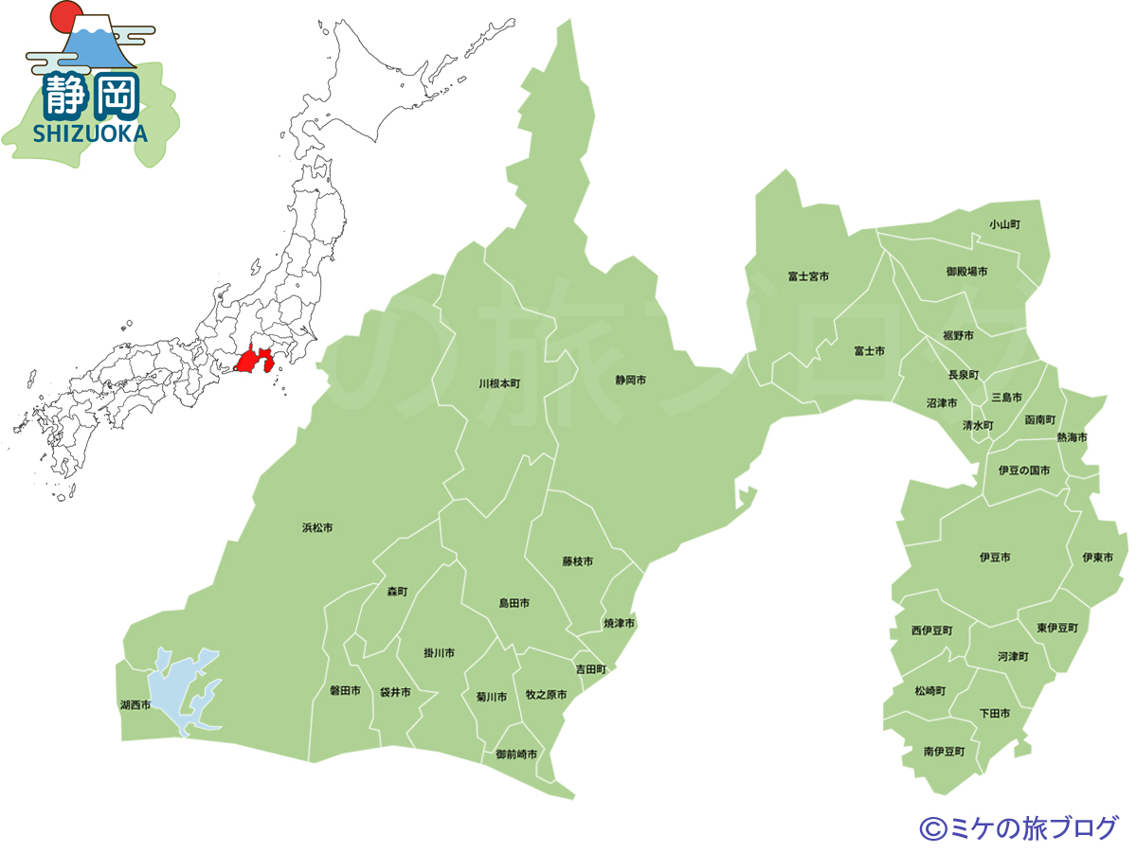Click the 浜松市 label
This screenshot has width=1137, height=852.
(317, 527)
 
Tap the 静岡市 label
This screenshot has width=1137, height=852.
(630, 380)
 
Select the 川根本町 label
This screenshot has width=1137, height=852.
(499, 384)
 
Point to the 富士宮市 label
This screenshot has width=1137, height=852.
(808, 276)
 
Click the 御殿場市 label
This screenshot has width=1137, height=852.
(966, 272)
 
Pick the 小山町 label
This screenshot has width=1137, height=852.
(1004, 224)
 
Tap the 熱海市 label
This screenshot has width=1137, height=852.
(1073, 437)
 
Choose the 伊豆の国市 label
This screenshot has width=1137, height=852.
(1024, 470)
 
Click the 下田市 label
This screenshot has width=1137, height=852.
(994, 713)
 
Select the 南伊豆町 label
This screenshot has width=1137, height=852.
(944, 751)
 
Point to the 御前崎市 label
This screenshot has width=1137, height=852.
(516, 754)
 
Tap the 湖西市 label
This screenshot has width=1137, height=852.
(135, 705)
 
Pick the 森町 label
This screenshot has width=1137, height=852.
(397, 592)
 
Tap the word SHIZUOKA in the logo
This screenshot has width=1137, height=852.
(91, 133)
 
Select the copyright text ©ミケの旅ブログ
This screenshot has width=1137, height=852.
(1019, 827)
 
